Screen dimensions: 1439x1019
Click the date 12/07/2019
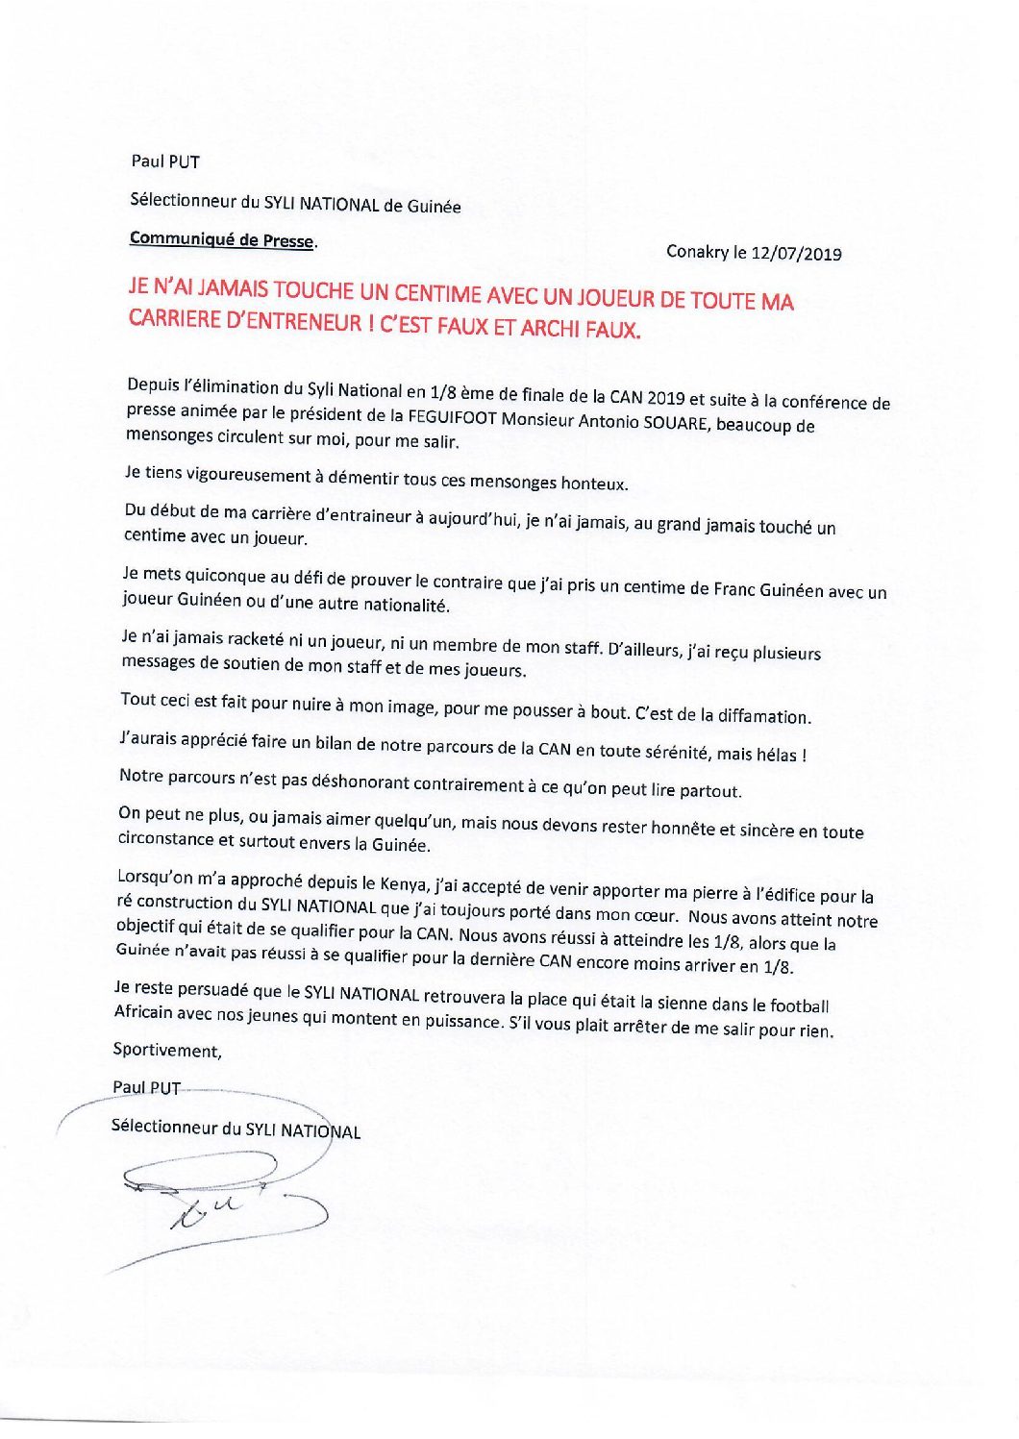pyautogui.click(x=797, y=254)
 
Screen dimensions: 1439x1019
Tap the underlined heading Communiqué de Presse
pyautogui.click(x=221, y=239)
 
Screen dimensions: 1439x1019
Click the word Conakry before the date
pyautogui.click(x=698, y=252)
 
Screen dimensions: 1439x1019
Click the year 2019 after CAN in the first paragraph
pyautogui.click(x=665, y=398)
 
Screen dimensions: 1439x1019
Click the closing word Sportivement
pyautogui.click(x=167, y=1050)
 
